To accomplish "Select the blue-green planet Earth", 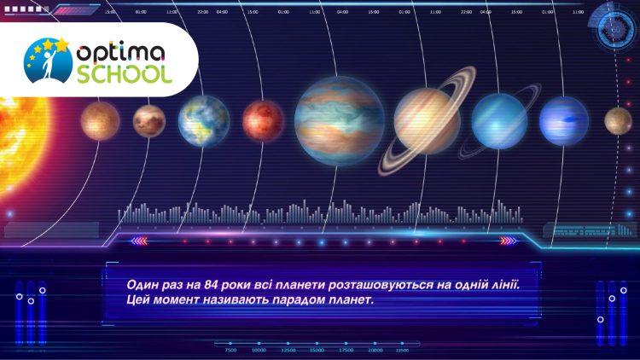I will click(x=204, y=120).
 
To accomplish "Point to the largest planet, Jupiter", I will click(x=339, y=120).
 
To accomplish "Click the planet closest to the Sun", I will click(x=100, y=120).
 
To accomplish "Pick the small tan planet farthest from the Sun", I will click(x=618, y=120).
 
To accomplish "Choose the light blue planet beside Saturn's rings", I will click(x=499, y=119).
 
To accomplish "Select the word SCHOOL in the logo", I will click(x=123, y=74).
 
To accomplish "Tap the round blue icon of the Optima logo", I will click(x=49, y=62).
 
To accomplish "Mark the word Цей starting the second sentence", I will click(x=137, y=300).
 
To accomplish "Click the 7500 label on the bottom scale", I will click(x=230, y=350).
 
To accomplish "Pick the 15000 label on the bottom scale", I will click(x=317, y=350).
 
